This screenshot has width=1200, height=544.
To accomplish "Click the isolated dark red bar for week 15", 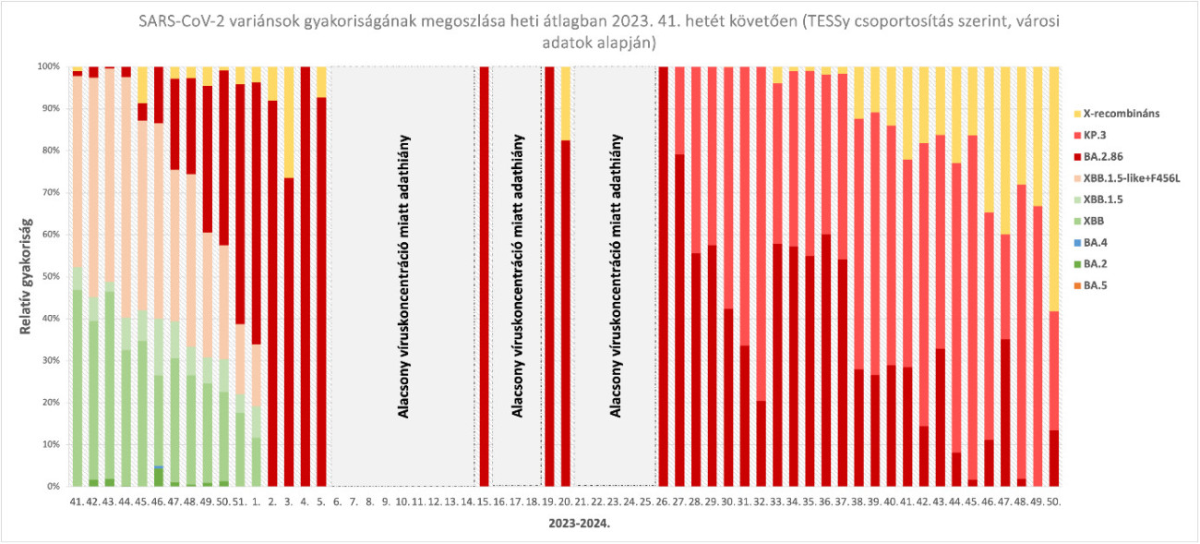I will (x=484, y=276).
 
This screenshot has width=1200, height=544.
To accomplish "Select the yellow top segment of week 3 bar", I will (x=289, y=121).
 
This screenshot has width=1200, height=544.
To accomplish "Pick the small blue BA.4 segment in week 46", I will (x=159, y=467).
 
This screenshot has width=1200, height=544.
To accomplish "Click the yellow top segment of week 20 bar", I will (x=566, y=103).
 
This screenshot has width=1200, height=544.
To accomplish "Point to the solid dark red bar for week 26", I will (x=663, y=276).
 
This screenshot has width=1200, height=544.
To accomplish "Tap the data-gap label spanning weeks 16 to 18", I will (x=517, y=276).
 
